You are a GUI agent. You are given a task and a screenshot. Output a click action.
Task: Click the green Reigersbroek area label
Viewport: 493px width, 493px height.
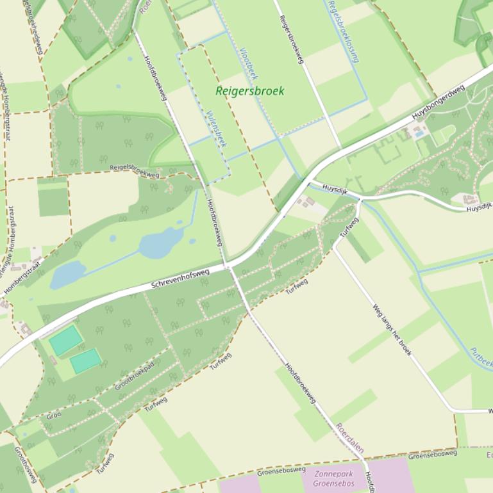tap(249, 91)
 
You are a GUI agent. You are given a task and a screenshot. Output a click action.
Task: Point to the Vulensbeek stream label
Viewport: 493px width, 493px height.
tap(216, 128)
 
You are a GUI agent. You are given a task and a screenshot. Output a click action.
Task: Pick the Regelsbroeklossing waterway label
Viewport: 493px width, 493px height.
tap(342, 31)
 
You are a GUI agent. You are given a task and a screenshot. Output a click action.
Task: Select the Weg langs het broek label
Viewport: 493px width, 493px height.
tap(392, 329)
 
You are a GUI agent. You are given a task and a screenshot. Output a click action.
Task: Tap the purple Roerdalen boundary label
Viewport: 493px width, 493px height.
tap(350, 438)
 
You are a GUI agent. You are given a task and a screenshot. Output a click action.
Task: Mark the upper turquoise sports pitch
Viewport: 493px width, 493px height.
tap(65, 340)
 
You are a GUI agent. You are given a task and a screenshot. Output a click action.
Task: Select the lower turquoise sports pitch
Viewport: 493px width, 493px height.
tap(85, 360)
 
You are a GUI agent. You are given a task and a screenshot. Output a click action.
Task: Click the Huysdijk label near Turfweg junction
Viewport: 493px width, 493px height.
tap(335, 189)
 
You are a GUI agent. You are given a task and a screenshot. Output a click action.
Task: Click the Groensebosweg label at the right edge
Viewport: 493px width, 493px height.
tap(433, 455)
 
